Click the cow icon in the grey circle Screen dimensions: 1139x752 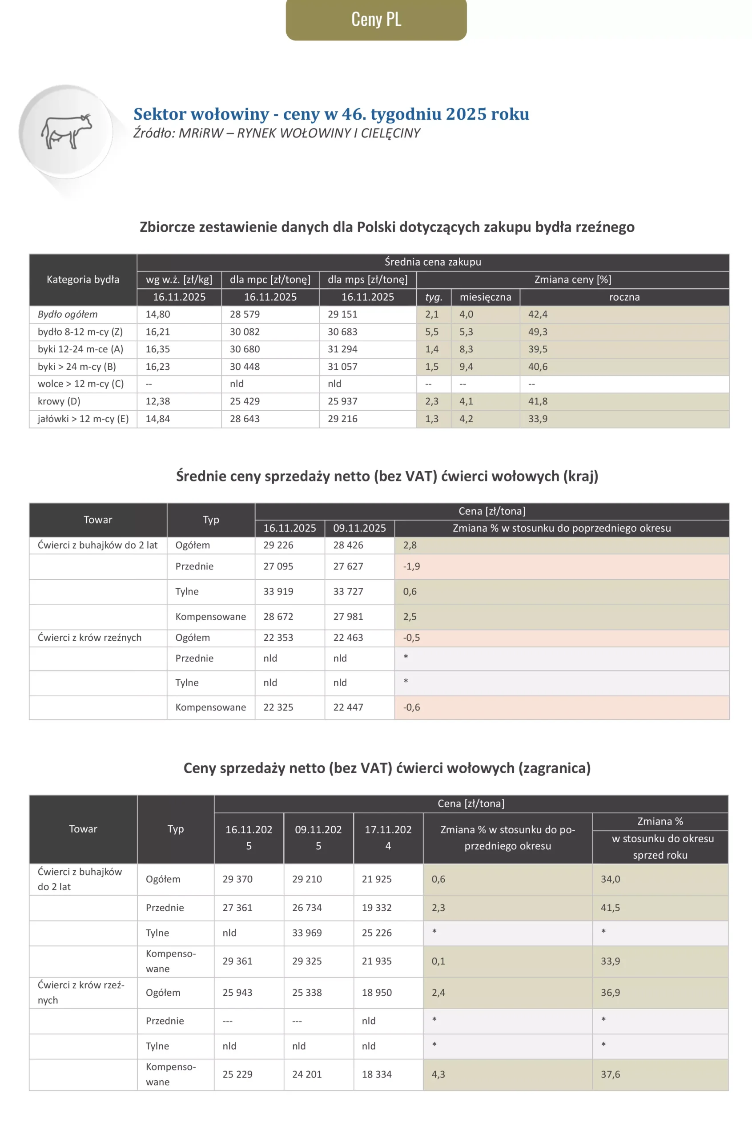click(66, 131)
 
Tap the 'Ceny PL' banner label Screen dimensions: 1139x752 click(376, 19)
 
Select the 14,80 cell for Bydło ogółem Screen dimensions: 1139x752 click(158, 314)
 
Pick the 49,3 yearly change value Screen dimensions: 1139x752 click(538, 331)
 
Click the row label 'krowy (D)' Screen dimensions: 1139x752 click(59, 401)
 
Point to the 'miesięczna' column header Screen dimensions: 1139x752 click(485, 297)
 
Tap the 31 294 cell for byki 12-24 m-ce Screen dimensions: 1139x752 click(342, 349)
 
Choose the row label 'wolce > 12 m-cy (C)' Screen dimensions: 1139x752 click(80, 384)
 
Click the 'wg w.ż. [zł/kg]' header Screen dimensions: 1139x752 click(179, 279)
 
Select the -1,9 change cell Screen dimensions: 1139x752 click(411, 566)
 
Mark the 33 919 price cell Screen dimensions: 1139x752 click(278, 592)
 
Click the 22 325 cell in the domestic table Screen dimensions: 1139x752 click(278, 707)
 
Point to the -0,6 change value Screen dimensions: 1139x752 click(411, 707)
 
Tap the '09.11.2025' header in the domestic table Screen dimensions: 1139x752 click(359, 528)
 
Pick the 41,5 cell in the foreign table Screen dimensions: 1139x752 click(610, 908)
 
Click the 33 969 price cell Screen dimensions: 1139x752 click(307, 933)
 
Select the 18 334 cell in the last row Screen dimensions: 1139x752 click(377, 1074)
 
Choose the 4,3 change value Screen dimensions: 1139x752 click(438, 1074)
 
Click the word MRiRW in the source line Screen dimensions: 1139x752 click(201, 133)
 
